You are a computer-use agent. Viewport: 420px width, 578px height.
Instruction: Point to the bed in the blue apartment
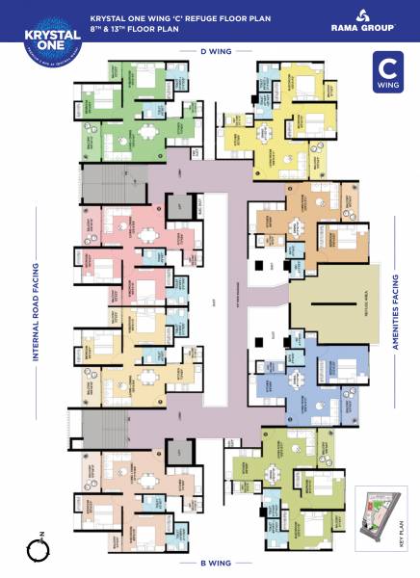click(340, 367)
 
